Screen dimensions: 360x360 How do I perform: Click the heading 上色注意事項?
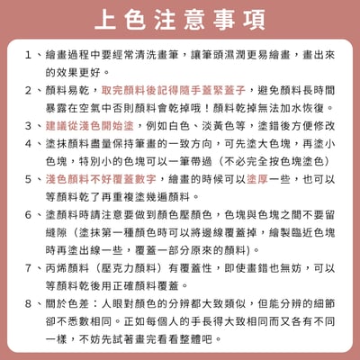tap(180, 19)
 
